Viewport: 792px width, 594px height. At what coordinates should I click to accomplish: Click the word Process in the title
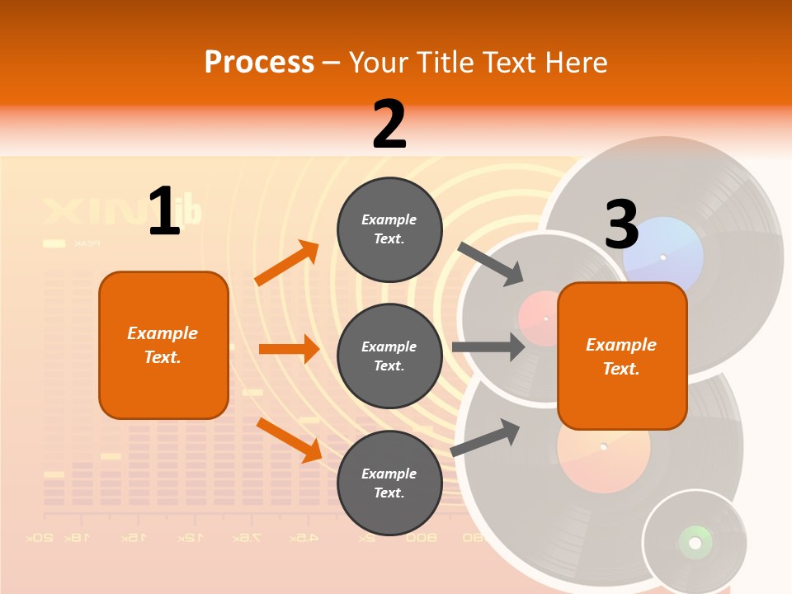(x=259, y=62)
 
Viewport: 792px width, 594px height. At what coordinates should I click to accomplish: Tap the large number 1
(x=164, y=211)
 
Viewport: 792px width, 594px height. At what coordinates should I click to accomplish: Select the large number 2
(x=389, y=125)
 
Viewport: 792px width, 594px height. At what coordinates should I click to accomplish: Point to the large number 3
(x=621, y=224)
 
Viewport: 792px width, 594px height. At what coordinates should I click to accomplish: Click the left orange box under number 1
(x=163, y=345)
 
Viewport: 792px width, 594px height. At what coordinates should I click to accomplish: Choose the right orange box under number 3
(x=622, y=356)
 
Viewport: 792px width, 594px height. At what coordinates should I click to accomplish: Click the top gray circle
(x=389, y=229)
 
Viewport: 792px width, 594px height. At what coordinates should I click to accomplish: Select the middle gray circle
(x=389, y=356)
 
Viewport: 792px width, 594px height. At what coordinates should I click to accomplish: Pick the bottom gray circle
(x=389, y=483)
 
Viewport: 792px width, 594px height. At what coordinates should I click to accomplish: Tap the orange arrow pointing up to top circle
(x=287, y=263)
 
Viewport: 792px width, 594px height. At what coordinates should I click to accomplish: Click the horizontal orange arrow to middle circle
(x=289, y=349)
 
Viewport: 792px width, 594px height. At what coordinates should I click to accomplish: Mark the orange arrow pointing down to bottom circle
(x=289, y=439)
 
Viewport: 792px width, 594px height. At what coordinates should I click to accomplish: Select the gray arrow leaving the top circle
(x=491, y=264)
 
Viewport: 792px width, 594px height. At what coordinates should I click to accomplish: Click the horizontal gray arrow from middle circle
(x=488, y=347)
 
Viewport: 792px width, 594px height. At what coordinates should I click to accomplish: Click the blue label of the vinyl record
(x=663, y=255)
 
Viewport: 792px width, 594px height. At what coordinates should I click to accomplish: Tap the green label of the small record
(x=695, y=542)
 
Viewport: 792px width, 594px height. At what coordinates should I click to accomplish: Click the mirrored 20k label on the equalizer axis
(x=40, y=537)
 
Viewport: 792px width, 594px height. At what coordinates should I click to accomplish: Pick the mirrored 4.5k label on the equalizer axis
(x=303, y=537)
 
